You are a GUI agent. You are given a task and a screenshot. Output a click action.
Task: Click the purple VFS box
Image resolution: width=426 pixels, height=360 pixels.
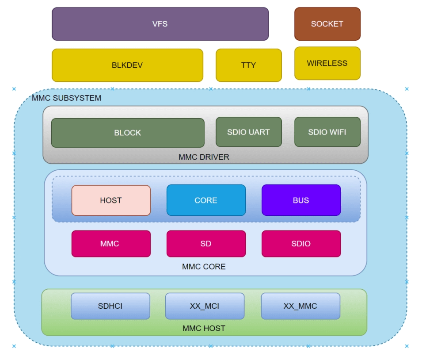pos(160,24)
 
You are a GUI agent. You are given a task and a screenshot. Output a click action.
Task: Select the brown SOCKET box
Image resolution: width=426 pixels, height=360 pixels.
pos(327,24)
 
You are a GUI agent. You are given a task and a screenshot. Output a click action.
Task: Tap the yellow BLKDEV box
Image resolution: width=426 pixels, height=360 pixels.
pos(127,65)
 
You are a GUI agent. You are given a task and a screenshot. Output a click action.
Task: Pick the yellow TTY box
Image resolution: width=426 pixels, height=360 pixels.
pos(248,65)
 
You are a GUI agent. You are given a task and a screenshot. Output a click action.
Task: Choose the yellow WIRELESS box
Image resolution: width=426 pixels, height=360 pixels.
pos(327,63)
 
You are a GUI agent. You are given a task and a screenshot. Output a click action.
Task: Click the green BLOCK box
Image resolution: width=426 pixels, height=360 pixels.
pos(127,133)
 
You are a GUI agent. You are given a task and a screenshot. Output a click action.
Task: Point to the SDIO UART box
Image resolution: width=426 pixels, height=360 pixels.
pos(248,132)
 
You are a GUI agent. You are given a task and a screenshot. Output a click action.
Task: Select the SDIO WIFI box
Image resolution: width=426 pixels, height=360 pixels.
pos(327,132)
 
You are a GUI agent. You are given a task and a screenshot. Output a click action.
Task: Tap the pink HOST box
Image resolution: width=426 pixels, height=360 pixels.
pos(111,200)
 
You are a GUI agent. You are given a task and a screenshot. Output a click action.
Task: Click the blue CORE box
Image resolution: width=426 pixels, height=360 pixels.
pos(206,200)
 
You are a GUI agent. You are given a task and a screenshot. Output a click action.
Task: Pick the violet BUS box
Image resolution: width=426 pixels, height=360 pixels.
pos(301,200)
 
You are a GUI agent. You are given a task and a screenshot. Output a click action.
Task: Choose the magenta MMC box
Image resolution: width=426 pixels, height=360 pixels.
pos(111,244)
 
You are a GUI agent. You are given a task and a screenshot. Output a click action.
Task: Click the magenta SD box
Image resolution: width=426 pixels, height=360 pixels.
pos(206,244)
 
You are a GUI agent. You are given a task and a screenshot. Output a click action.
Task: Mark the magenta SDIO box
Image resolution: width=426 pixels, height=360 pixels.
pos(301,244)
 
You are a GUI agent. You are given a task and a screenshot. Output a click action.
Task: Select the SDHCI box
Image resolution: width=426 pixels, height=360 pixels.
pos(110,306)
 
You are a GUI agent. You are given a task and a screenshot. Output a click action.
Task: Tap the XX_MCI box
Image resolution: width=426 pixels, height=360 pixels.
pos(205,306)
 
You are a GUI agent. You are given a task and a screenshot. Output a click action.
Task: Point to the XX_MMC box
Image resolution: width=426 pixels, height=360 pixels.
pos(300,306)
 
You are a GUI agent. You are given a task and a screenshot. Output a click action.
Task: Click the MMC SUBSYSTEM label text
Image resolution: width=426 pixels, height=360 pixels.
pos(66,98)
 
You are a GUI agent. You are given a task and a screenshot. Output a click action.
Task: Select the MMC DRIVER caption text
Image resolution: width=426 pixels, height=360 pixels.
pos(204,157)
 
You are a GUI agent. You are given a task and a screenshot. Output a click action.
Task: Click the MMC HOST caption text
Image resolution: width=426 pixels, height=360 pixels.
pos(204,329)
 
